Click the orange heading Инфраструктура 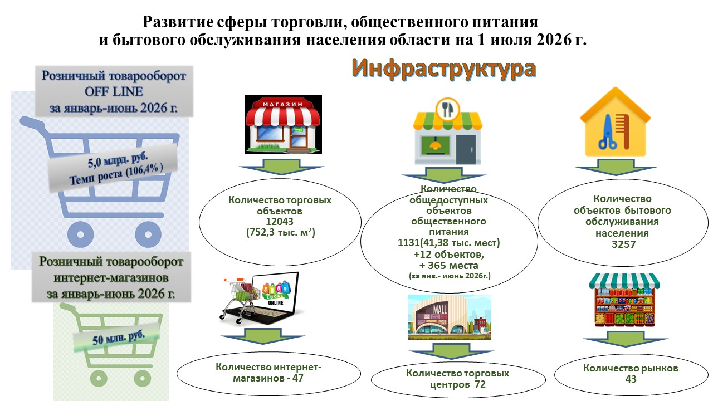[x=444, y=69]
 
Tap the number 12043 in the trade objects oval [x=280, y=222]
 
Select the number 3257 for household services [x=623, y=244]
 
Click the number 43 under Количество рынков [x=631, y=379]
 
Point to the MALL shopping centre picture [x=450, y=317]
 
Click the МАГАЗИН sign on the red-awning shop [x=282, y=104]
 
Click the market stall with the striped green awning [x=624, y=300]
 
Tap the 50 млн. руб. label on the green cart [x=119, y=338]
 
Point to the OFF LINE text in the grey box [x=114, y=92]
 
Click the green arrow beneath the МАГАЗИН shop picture [x=281, y=167]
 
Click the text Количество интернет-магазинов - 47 [x=268, y=373]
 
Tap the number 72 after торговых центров [x=480, y=384]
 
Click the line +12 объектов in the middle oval [x=448, y=255]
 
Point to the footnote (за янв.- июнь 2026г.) [x=450, y=276]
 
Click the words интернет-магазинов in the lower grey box [x=111, y=278]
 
